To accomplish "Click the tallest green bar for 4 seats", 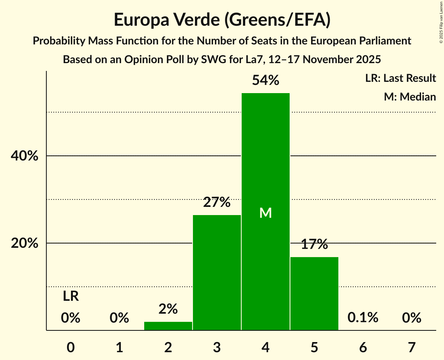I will click(x=265, y=175).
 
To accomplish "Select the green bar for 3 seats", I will click(x=217, y=273).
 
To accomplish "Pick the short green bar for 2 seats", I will click(x=168, y=326).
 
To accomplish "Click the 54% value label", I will click(x=265, y=81).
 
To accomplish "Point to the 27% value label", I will click(x=217, y=203).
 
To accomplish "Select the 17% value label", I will click(x=314, y=245).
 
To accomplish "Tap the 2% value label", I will click(x=168, y=309).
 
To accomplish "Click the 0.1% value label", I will click(x=363, y=318).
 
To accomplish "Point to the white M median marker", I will click(x=265, y=213).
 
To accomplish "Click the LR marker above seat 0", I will click(x=71, y=297).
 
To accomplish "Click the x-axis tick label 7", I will click(x=412, y=347).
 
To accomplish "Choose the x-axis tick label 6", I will click(x=363, y=347).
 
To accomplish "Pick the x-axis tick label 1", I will click(x=119, y=347).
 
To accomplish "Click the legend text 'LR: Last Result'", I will click(x=400, y=78).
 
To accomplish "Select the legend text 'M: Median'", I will click(x=410, y=97).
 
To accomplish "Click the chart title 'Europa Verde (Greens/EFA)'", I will click(x=222, y=20).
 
